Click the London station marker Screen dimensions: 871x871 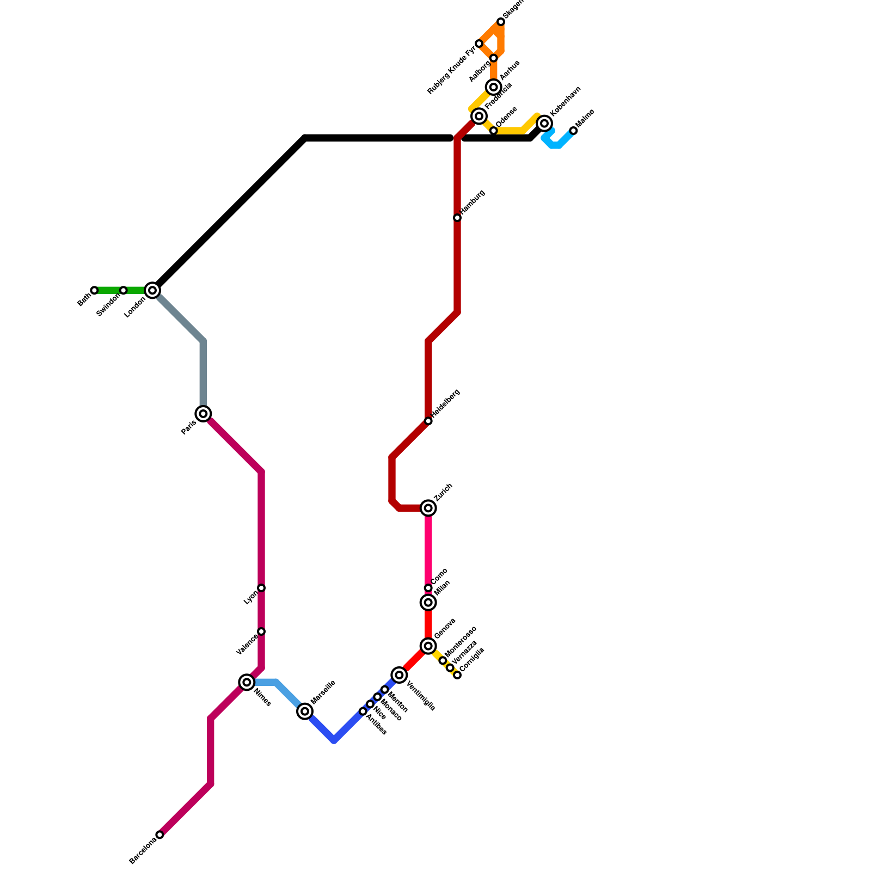(153, 290)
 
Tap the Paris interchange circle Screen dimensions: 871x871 (204, 414)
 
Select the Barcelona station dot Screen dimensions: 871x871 (160, 835)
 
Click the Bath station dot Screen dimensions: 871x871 (95, 290)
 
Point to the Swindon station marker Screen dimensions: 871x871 (124, 290)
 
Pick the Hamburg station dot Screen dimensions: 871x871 (457, 218)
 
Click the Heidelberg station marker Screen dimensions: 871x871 (428, 421)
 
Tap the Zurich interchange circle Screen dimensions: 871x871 (428, 508)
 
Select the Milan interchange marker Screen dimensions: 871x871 (428, 603)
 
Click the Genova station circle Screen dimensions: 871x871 (428, 646)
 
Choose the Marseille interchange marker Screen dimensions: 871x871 (305, 711)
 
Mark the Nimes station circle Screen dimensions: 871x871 (247, 682)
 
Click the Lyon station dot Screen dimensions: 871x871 (261, 588)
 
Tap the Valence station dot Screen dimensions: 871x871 (261, 631)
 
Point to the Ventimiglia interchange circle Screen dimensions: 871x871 (400, 675)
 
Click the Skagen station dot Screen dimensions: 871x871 (501, 22)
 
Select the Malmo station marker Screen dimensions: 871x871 (573, 131)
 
